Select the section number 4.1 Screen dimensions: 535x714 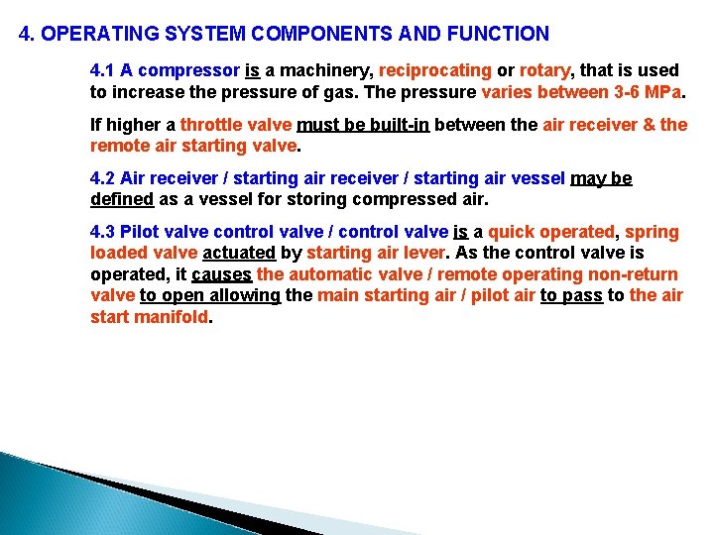click(102, 70)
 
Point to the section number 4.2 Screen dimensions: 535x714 click(102, 178)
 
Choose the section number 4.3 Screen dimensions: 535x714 click(102, 232)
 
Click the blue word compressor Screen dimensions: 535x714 click(194, 70)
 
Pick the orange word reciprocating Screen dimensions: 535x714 click(435, 70)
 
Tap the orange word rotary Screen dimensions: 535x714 click(546, 70)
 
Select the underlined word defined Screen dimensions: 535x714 click(122, 199)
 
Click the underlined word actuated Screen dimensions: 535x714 click(239, 253)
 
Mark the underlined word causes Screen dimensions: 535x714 click(221, 274)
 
